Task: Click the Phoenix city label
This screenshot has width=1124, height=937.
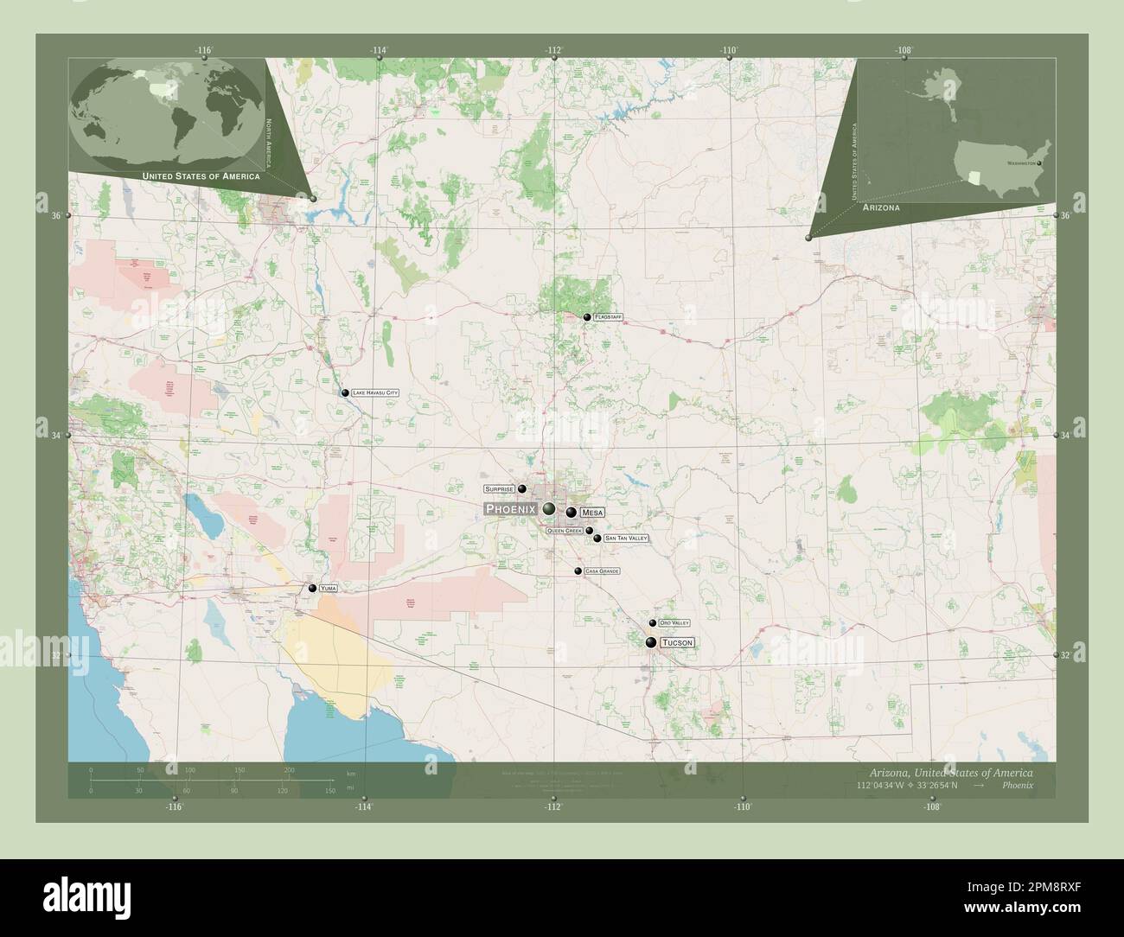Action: click(513, 509)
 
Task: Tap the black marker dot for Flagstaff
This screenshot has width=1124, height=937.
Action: click(587, 318)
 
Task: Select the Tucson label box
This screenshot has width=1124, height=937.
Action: click(677, 643)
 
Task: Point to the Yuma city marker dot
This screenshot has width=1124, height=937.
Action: click(312, 589)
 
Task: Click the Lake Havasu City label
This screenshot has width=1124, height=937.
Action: click(375, 393)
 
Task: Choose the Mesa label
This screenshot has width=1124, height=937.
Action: click(592, 513)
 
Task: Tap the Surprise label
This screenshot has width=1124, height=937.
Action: click(499, 489)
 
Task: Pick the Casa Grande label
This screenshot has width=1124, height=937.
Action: click(603, 571)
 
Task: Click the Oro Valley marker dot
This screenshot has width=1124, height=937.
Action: click(653, 623)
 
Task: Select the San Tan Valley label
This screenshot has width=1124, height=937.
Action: click(626, 539)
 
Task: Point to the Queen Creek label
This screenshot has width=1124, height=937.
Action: click(565, 531)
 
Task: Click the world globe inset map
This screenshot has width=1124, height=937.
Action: click(169, 110)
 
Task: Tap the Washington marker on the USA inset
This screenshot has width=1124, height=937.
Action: click(1040, 163)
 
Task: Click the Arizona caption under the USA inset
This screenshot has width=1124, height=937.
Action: click(881, 208)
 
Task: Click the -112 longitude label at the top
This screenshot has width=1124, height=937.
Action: click(554, 50)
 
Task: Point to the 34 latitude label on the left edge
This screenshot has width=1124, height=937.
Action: click(55, 435)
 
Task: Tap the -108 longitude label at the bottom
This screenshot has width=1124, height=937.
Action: click(932, 807)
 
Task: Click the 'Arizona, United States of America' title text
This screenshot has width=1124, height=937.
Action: click(950, 771)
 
